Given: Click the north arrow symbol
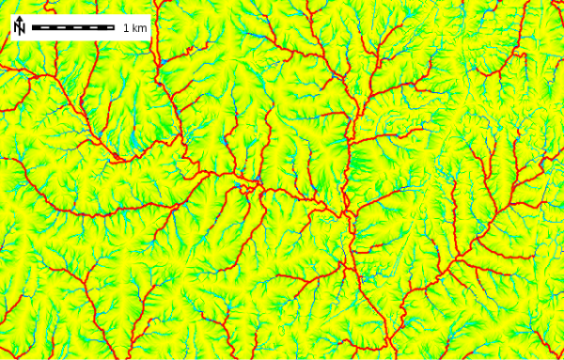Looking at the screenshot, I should pyautogui.click(x=19, y=26).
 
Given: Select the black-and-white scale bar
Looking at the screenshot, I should pyautogui.click(x=73, y=27).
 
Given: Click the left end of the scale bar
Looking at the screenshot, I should pyautogui.click(x=32, y=27).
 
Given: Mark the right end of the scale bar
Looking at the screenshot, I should pyautogui.click(x=115, y=27).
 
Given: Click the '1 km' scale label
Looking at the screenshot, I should pyautogui.click(x=135, y=28).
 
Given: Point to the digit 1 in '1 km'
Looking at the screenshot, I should pyautogui.click(x=127, y=28).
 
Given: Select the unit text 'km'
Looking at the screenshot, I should pyautogui.click(x=140, y=28).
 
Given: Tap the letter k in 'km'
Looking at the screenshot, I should pyautogui.click(x=135, y=28).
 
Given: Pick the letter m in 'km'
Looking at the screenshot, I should pyautogui.click(x=143, y=28).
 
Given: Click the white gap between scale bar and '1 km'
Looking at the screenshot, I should pyautogui.click(x=119, y=27).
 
